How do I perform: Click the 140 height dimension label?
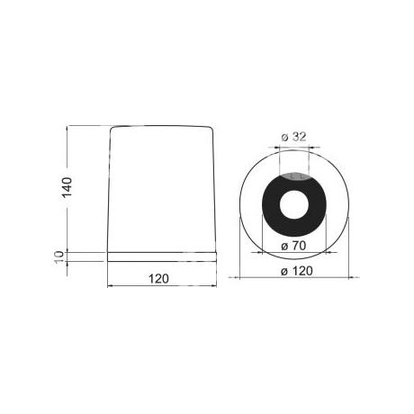click(67, 187)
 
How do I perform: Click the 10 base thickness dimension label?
click(59, 256)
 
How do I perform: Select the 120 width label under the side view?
click(158, 279)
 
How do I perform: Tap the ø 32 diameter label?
click(294, 137)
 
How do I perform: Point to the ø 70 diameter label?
click(293, 246)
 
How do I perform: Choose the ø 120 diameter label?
click(297, 271)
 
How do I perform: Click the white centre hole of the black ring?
click(294, 204)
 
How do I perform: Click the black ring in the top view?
click(271, 204)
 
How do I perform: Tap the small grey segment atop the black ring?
click(294, 176)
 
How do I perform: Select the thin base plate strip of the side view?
click(162, 256)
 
